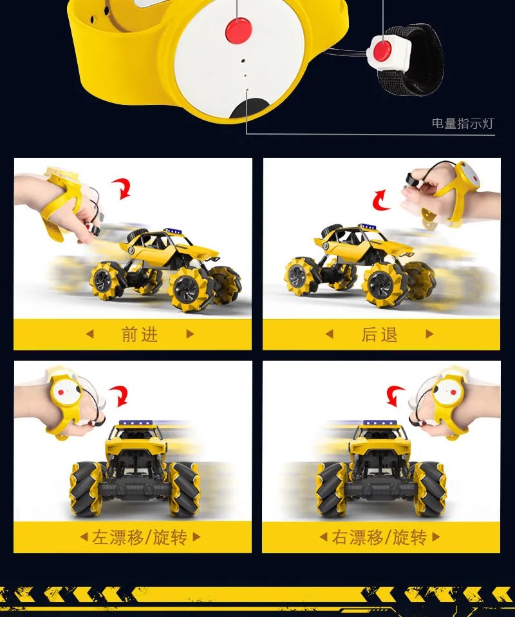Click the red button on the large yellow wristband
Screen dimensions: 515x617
238,30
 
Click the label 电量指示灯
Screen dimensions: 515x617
463,123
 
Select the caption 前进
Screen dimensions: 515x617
140,334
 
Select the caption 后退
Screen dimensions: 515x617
379,334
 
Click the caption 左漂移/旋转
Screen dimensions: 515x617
140,537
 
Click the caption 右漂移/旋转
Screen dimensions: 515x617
379,537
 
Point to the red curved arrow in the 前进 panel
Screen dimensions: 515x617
122,188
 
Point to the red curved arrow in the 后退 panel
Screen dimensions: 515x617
380,200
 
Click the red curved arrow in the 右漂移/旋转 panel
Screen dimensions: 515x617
395,395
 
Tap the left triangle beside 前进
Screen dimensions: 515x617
89,334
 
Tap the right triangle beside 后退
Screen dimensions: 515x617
429,334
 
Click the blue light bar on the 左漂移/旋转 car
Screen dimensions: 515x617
136,423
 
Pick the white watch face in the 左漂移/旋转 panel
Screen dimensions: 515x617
66,390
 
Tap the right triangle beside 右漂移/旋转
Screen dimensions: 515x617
436,536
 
